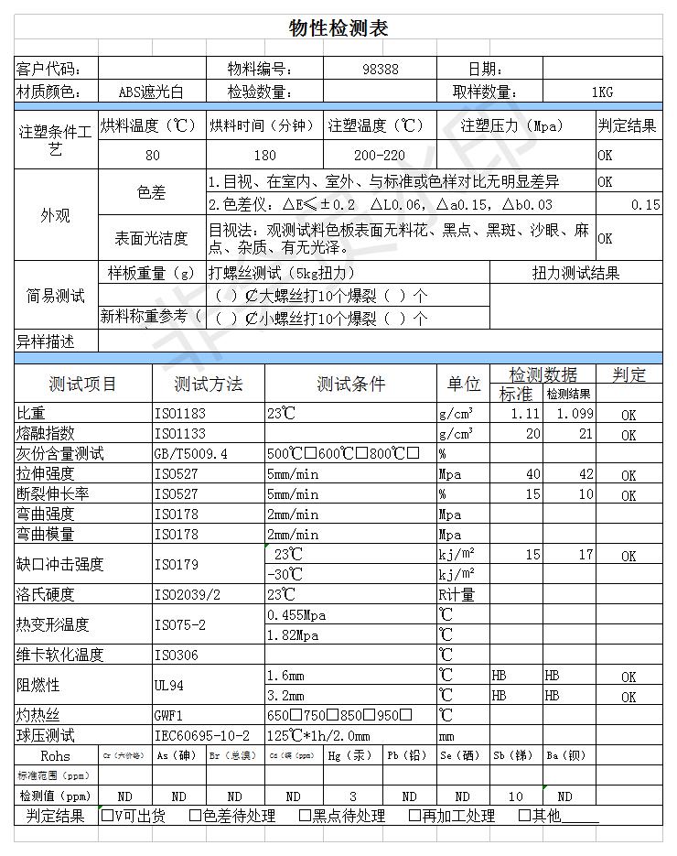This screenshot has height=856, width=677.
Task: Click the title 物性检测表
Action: click(x=338, y=28)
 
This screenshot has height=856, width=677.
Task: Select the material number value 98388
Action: click(x=381, y=70)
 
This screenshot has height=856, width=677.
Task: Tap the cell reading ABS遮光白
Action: click(x=151, y=92)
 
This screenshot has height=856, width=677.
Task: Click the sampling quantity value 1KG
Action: click(x=601, y=92)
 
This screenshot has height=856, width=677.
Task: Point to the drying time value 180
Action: click(x=264, y=155)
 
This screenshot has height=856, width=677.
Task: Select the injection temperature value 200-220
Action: click(x=379, y=155)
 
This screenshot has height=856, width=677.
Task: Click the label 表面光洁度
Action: click(x=151, y=238)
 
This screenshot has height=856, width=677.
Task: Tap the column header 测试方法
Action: click(x=209, y=384)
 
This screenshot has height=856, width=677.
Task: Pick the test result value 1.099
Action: click(x=574, y=414)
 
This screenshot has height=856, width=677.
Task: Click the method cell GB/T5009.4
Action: click(x=191, y=454)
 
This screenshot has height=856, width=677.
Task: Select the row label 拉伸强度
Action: click(x=46, y=474)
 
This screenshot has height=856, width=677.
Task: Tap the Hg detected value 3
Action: click(x=353, y=796)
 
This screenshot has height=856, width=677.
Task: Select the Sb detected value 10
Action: click(x=516, y=796)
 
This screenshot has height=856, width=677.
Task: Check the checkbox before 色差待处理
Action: click(x=196, y=816)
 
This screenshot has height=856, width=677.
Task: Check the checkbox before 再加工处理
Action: click(x=414, y=816)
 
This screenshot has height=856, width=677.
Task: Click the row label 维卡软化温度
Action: click(x=60, y=655)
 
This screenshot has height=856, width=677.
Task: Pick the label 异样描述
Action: click(x=46, y=341)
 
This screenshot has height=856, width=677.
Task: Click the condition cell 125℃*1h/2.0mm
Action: click(x=318, y=736)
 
